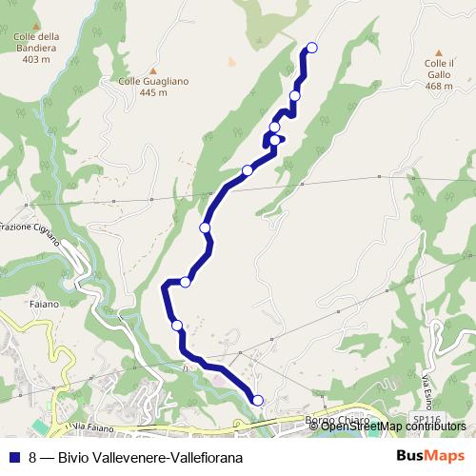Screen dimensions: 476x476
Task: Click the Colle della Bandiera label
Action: tap(36, 43)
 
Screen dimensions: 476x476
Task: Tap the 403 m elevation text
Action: tap(35, 59)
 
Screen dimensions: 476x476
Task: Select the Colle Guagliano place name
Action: tap(153, 81)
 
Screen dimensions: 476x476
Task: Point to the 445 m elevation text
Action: tap(152, 92)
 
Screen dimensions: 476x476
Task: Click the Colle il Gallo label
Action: tap(439, 68)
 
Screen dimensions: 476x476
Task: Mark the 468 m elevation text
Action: tap(439, 86)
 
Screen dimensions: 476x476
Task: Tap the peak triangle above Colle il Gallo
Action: tap(439, 53)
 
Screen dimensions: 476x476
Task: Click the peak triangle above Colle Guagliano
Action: tap(152, 69)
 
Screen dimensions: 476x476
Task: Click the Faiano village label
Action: tap(43, 305)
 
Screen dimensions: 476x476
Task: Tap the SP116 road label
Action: tap(427, 419)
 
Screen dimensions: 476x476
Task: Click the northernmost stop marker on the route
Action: tap(311, 48)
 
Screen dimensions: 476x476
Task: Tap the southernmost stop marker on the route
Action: tap(257, 400)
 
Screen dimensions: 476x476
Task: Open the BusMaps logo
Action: tap(430, 457)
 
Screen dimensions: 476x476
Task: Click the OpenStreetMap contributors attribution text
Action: tap(393, 426)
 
